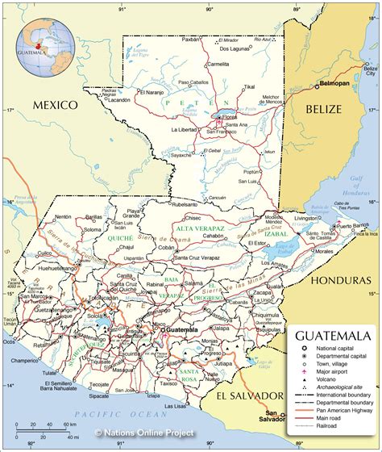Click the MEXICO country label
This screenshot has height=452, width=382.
click(x=53, y=105)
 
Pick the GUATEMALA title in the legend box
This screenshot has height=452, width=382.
click(x=333, y=335)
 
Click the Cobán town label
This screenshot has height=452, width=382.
click(x=165, y=248)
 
